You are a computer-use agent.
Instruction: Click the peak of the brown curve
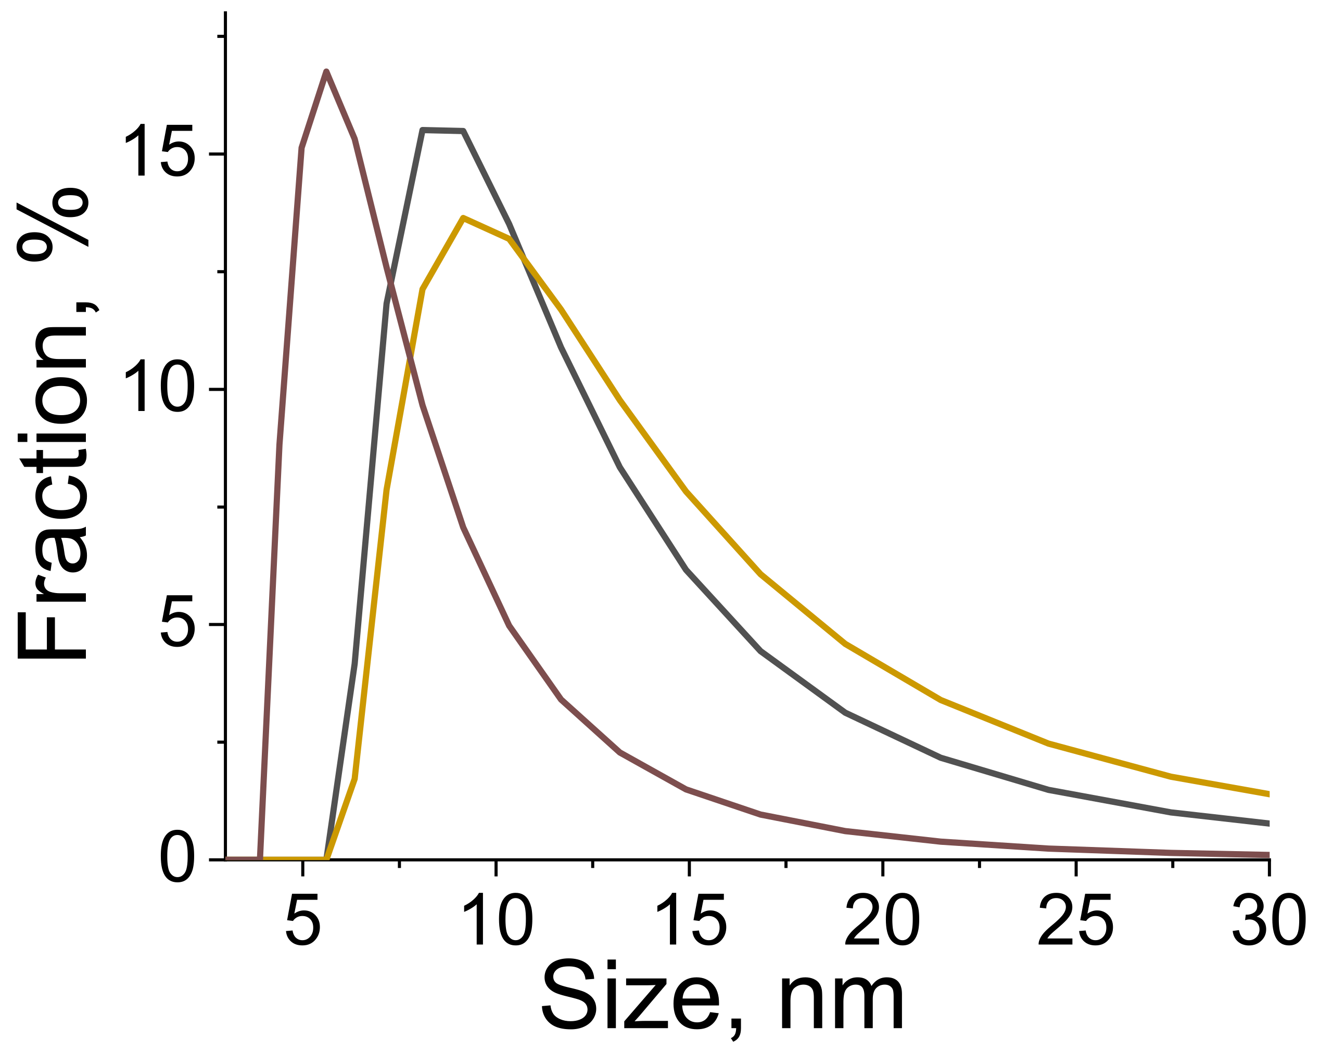click(326, 73)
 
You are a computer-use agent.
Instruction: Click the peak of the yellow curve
click(463, 219)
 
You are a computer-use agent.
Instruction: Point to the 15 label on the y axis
click(160, 150)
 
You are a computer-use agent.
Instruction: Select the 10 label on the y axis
click(160, 386)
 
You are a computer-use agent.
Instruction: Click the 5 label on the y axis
click(177, 621)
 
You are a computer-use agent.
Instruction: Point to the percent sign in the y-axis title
click(54, 225)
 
